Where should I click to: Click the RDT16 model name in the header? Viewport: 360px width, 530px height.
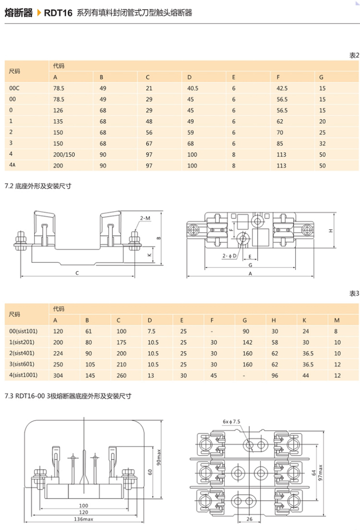click(x=58, y=13)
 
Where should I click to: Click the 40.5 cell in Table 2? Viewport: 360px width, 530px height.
click(x=193, y=88)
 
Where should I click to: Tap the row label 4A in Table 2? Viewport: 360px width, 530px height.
click(x=13, y=165)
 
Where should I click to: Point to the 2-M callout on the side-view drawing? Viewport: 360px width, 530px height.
click(x=145, y=218)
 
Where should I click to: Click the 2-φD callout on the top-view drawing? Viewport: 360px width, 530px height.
click(x=229, y=256)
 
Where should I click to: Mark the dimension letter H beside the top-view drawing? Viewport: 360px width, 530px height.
click(x=331, y=231)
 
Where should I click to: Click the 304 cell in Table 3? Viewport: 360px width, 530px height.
click(x=58, y=375)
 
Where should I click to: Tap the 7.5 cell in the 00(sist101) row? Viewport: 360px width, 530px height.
click(x=151, y=331)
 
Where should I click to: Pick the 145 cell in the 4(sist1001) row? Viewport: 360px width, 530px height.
click(x=90, y=375)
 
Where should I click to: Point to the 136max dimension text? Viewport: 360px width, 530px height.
click(x=84, y=519)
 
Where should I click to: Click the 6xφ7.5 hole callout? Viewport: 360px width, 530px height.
click(x=231, y=422)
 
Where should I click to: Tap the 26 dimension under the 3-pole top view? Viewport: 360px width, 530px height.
click(x=249, y=519)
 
